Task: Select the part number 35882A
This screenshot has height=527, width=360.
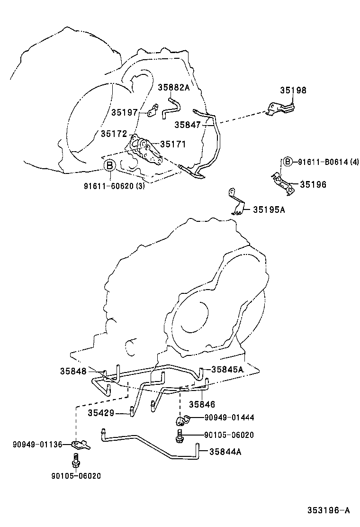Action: (x=173, y=87)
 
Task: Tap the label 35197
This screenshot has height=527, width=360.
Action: (x=125, y=112)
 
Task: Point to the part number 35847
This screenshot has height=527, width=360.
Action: (x=187, y=125)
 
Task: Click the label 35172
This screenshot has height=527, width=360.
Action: (x=113, y=134)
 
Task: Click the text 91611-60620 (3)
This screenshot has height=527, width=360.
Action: (x=115, y=185)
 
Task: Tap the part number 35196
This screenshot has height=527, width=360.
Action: (x=313, y=184)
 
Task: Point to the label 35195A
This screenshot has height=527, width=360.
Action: (x=269, y=209)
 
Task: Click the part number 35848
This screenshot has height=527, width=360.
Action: (x=73, y=371)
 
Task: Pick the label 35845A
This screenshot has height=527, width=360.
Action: (x=227, y=369)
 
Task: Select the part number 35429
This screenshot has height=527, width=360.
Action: (x=101, y=413)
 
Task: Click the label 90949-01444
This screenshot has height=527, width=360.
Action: (x=229, y=418)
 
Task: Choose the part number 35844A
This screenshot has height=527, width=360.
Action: (x=225, y=452)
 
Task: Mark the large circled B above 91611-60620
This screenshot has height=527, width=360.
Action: (x=109, y=165)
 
